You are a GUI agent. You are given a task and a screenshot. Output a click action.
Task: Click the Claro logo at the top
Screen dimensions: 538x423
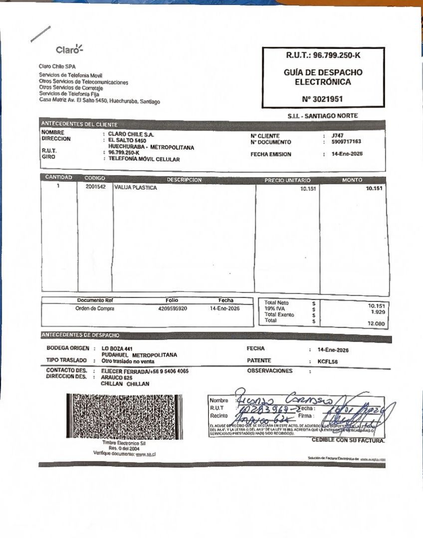(69, 49)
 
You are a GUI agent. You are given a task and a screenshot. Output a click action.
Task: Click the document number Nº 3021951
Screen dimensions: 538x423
(322, 99)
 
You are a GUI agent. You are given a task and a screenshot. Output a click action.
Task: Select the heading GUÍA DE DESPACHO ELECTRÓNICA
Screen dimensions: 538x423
(323, 77)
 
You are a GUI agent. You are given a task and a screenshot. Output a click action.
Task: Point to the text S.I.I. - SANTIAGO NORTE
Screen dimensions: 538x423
(322, 116)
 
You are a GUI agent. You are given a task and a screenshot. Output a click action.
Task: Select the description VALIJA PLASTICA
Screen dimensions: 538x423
(135, 188)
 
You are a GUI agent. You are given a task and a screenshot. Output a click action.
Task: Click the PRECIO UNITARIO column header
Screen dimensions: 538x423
(287, 180)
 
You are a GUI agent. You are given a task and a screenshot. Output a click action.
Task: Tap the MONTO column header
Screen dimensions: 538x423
(352, 180)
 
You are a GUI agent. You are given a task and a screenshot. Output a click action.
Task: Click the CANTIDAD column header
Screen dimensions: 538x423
(58, 177)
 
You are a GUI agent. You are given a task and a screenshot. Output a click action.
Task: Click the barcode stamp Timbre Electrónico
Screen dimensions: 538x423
(124, 416)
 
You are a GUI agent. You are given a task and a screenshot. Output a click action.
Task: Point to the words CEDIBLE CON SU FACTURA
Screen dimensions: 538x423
(348, 440)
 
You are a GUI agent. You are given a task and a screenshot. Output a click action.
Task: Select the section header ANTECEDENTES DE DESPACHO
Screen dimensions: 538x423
(80, 335)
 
